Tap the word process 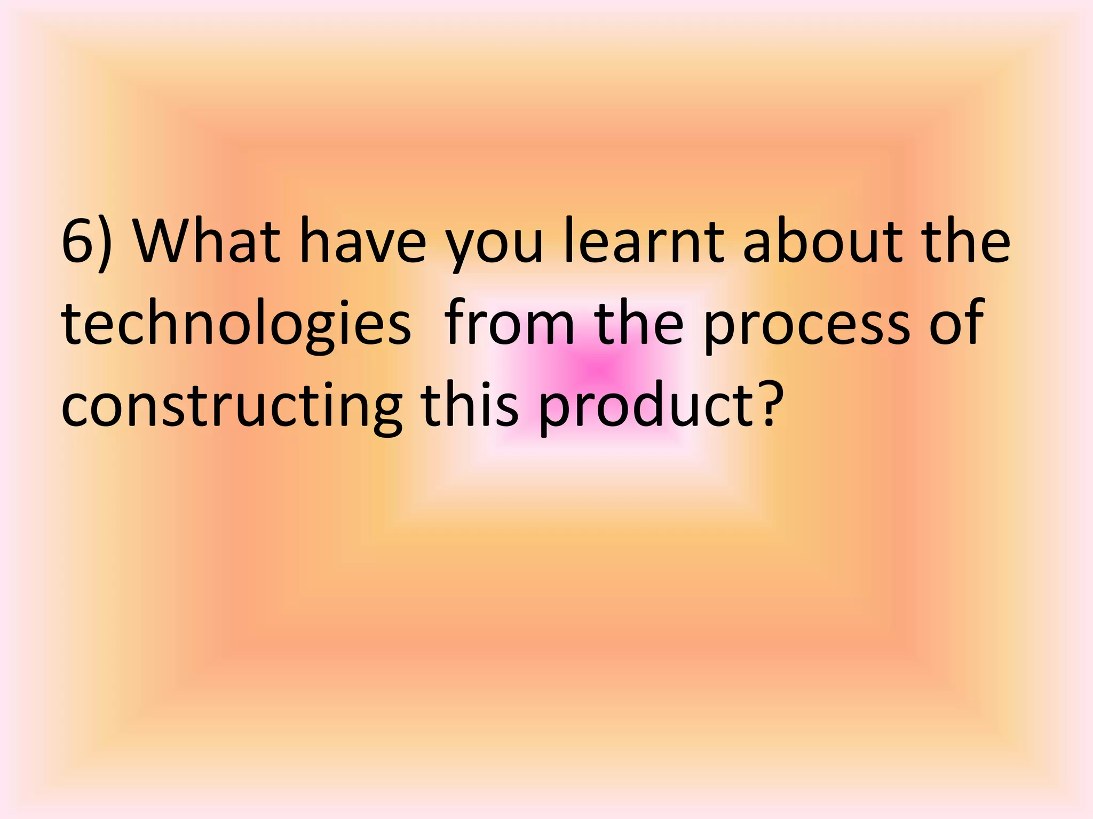(x=806, y=328)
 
